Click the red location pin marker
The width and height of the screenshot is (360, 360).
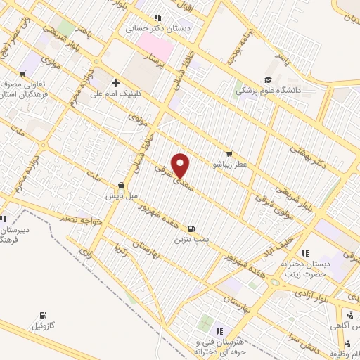181,165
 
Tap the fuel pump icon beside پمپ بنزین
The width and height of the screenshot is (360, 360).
191,229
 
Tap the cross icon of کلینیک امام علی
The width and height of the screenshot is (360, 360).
115,83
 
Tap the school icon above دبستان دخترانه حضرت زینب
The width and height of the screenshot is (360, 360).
304,252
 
